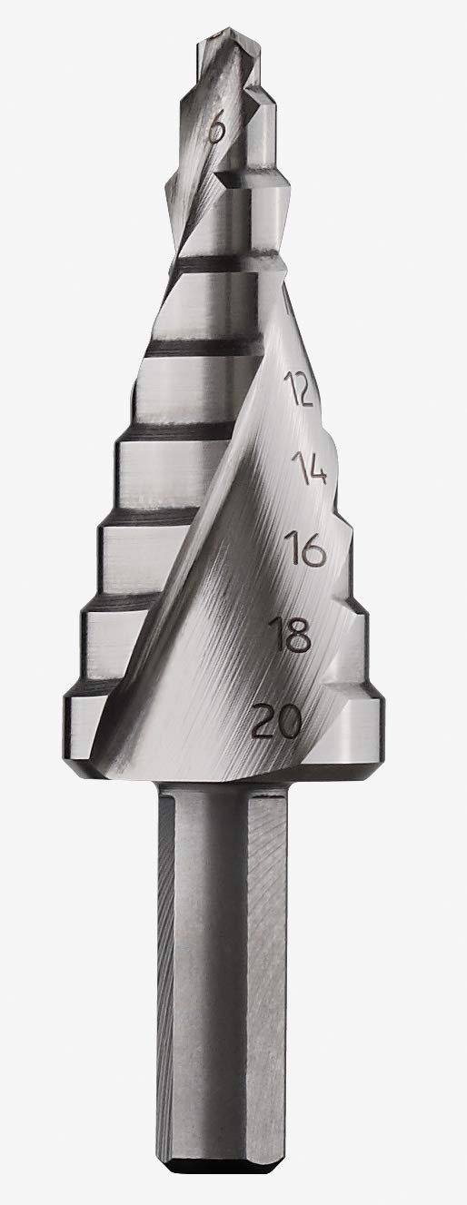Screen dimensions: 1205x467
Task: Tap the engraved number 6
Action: pos(216,132)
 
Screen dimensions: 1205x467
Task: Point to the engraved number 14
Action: pos(309,468)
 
